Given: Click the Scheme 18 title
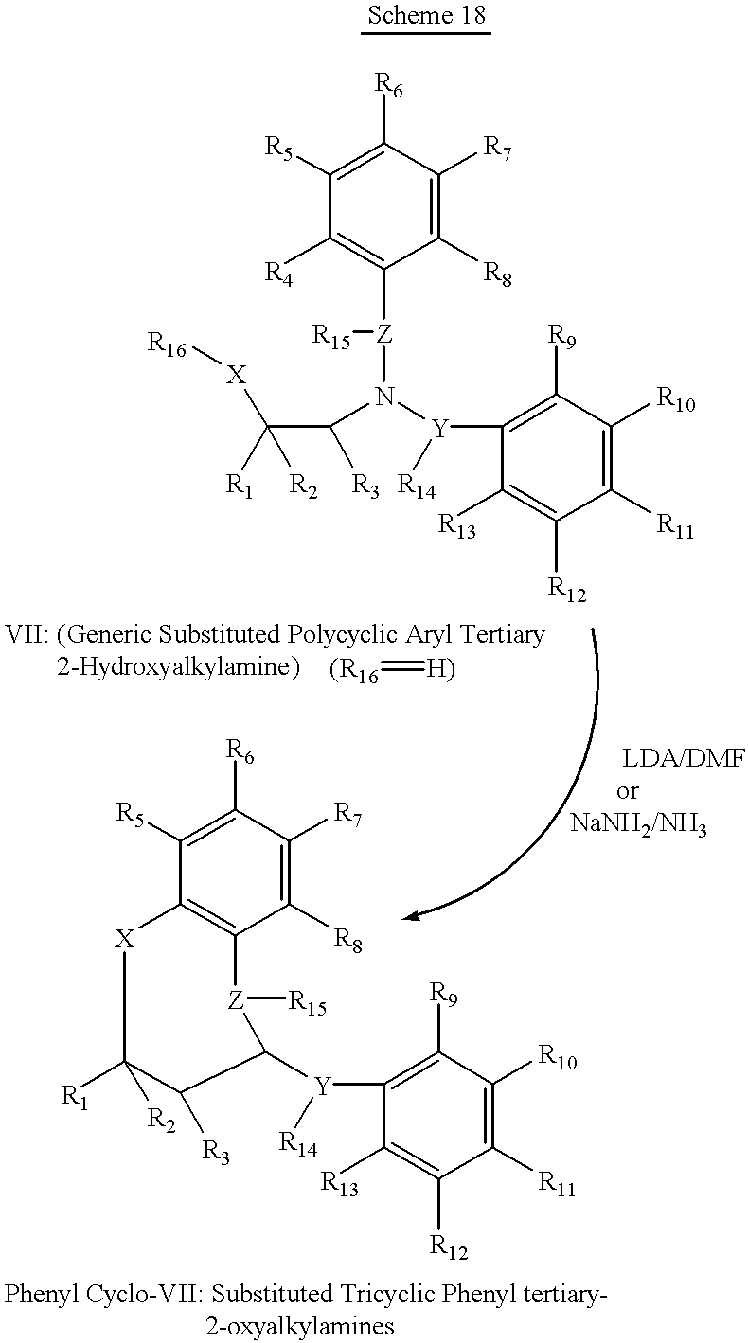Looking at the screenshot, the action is tap(426, 15).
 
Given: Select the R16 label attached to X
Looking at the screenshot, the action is tap(168, 345).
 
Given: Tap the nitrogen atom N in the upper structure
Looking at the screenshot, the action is tap(384, 397).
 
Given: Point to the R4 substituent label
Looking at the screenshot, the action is tap(279, 275).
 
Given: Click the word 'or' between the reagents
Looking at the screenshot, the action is tap(627, 792).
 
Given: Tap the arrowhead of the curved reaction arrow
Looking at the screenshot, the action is tap(412, 916).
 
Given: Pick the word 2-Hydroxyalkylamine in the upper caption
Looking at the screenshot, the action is tap(178, 667).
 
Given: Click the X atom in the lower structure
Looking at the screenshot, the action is tap(125, 940).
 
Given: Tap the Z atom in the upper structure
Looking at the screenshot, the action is tap(383, 334).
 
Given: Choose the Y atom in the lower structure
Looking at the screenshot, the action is tap(323, 1085).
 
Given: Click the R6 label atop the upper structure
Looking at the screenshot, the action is tap(389, 85).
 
